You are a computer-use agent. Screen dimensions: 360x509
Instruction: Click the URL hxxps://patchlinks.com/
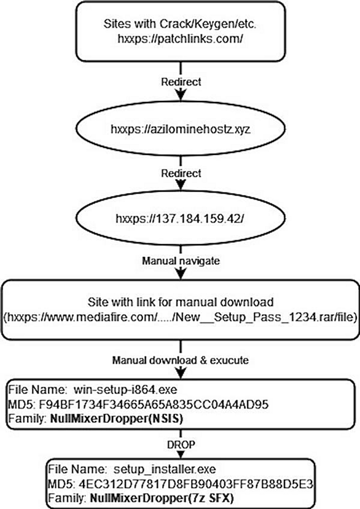(181, 39)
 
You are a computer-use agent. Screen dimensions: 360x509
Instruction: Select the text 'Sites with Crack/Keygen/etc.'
(180, 24)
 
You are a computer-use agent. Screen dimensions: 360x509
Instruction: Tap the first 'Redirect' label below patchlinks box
(181, 82)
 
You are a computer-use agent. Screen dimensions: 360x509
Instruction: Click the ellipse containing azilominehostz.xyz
(181, 129)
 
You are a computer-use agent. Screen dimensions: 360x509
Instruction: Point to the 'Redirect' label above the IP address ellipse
(181, 173)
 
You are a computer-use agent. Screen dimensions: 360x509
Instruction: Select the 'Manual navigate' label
(181, 261)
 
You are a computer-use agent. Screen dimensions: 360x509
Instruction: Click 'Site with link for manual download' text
(181, 302)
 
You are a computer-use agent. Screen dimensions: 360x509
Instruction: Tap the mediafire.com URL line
(181, 317)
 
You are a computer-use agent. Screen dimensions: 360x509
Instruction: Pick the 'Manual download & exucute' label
(181, 360)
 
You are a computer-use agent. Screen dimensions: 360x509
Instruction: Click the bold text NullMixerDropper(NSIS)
(117, 419)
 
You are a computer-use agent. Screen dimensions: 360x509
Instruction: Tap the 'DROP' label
(181, 444)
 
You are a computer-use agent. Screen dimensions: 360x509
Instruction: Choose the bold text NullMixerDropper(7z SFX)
(162, 498)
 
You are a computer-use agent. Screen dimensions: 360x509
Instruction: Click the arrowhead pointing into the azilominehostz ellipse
(181, 95)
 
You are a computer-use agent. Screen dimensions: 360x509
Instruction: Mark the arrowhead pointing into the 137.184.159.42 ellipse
(181, 185)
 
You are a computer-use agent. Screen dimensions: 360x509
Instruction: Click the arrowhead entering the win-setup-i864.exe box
(181, 373)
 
